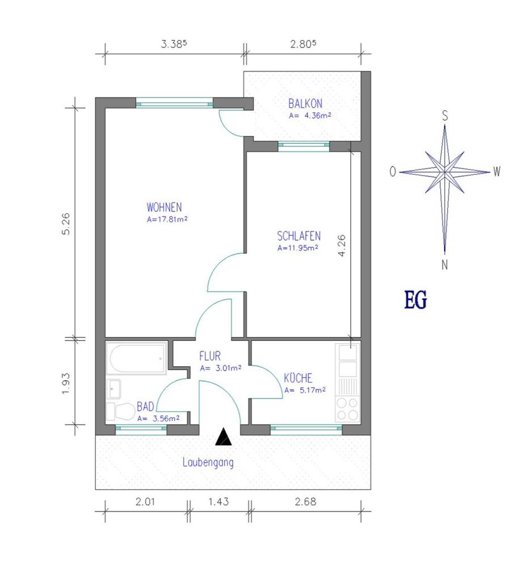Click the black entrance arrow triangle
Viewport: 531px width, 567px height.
pos(224,437)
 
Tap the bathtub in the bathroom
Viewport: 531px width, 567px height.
pos(136,358)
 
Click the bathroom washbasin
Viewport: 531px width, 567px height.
pos(113,389)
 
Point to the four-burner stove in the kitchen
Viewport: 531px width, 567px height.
pos(348,409)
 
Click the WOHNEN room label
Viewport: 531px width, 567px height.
pos(164,207)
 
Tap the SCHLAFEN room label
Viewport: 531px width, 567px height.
pos(299,236)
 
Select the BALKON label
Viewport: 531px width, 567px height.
pos(305,104)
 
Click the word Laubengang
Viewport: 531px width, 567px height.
pos(208,463)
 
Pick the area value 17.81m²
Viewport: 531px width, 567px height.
pos(167,219)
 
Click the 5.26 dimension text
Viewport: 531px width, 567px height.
pos(66,224)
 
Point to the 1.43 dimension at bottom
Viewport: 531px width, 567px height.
pos(218,502)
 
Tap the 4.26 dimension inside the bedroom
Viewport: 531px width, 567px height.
pos(342,246)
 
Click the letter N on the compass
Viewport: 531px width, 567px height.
pos(445,265)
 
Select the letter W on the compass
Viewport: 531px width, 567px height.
pos(497,171)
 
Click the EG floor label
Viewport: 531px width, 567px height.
pos(416,300)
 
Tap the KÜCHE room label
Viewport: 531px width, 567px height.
pos(298,378)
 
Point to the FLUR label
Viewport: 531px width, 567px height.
pos(210,356)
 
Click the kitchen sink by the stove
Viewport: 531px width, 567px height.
pos(348,360)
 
